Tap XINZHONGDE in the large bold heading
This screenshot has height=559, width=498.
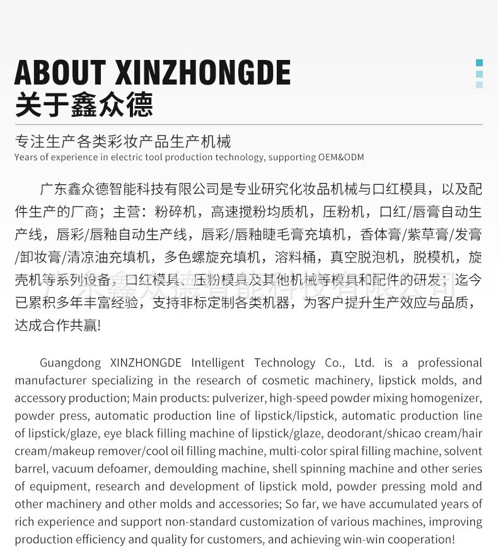click(203, 73)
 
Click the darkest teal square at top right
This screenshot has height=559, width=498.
click(479, 62)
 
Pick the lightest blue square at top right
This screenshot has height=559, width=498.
click(479, 85)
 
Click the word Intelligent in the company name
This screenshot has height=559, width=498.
click(219, 363)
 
